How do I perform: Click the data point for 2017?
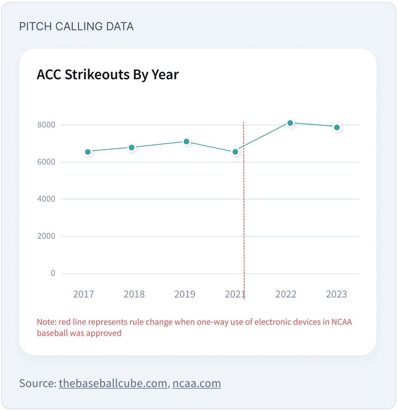point(88,152)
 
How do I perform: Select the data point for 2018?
point(132,147)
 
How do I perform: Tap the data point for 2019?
point(186,142)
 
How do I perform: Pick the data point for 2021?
point(235,152)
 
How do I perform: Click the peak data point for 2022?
point(290,123)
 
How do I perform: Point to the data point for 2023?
point(337,127)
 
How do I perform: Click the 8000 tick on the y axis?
point(46,125)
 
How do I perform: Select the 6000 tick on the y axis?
point(46,162)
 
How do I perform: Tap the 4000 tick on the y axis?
point(46,199)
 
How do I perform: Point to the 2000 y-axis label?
point(46,236)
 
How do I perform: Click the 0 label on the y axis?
point(53,273)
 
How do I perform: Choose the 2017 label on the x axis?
point(84,294)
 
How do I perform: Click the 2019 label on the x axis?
point(185,294)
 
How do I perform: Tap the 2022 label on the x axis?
point(286,294)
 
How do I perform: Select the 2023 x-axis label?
point(336,294)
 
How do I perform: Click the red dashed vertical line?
point(244,211)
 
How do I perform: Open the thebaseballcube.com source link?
point(113,383)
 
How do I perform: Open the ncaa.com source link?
point(197,383)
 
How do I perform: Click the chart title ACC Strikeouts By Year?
point(108,74)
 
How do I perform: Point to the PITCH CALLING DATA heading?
point(76,26)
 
